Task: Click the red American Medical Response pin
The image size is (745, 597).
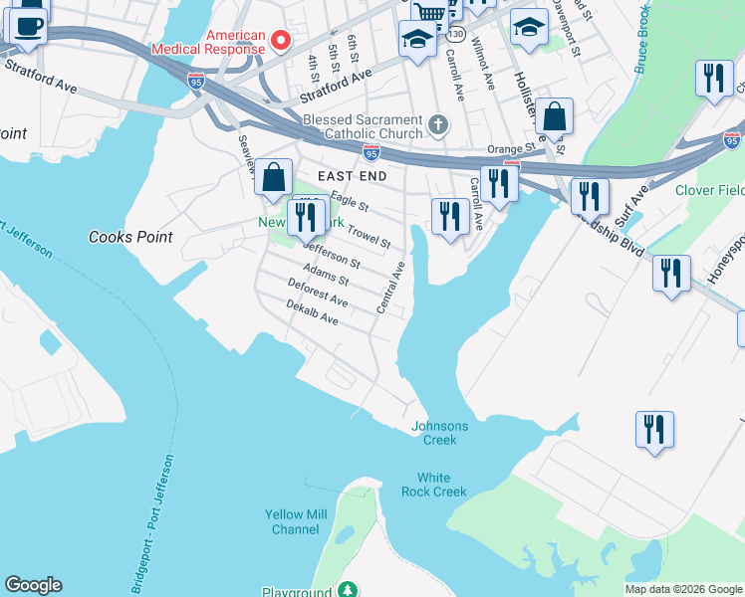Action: (x=281, y=41)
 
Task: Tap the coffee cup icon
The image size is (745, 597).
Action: (x=28, y=25)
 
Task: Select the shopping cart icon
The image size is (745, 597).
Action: (x=428, y=12)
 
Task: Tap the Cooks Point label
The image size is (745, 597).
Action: (x=130, y=237)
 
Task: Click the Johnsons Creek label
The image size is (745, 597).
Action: (x=439, y=433)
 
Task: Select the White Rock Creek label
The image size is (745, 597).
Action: (x=434, y=485)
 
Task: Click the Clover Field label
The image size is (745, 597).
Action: (x=708, y=190)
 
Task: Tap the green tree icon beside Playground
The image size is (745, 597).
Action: (x=347, y=590)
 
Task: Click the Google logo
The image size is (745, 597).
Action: (x=33, y=585)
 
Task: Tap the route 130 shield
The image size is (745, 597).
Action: (x=455, y=34)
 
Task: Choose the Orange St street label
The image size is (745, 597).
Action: (x=511, y=148)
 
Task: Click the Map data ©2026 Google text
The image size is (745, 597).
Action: (x=683, y=589)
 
